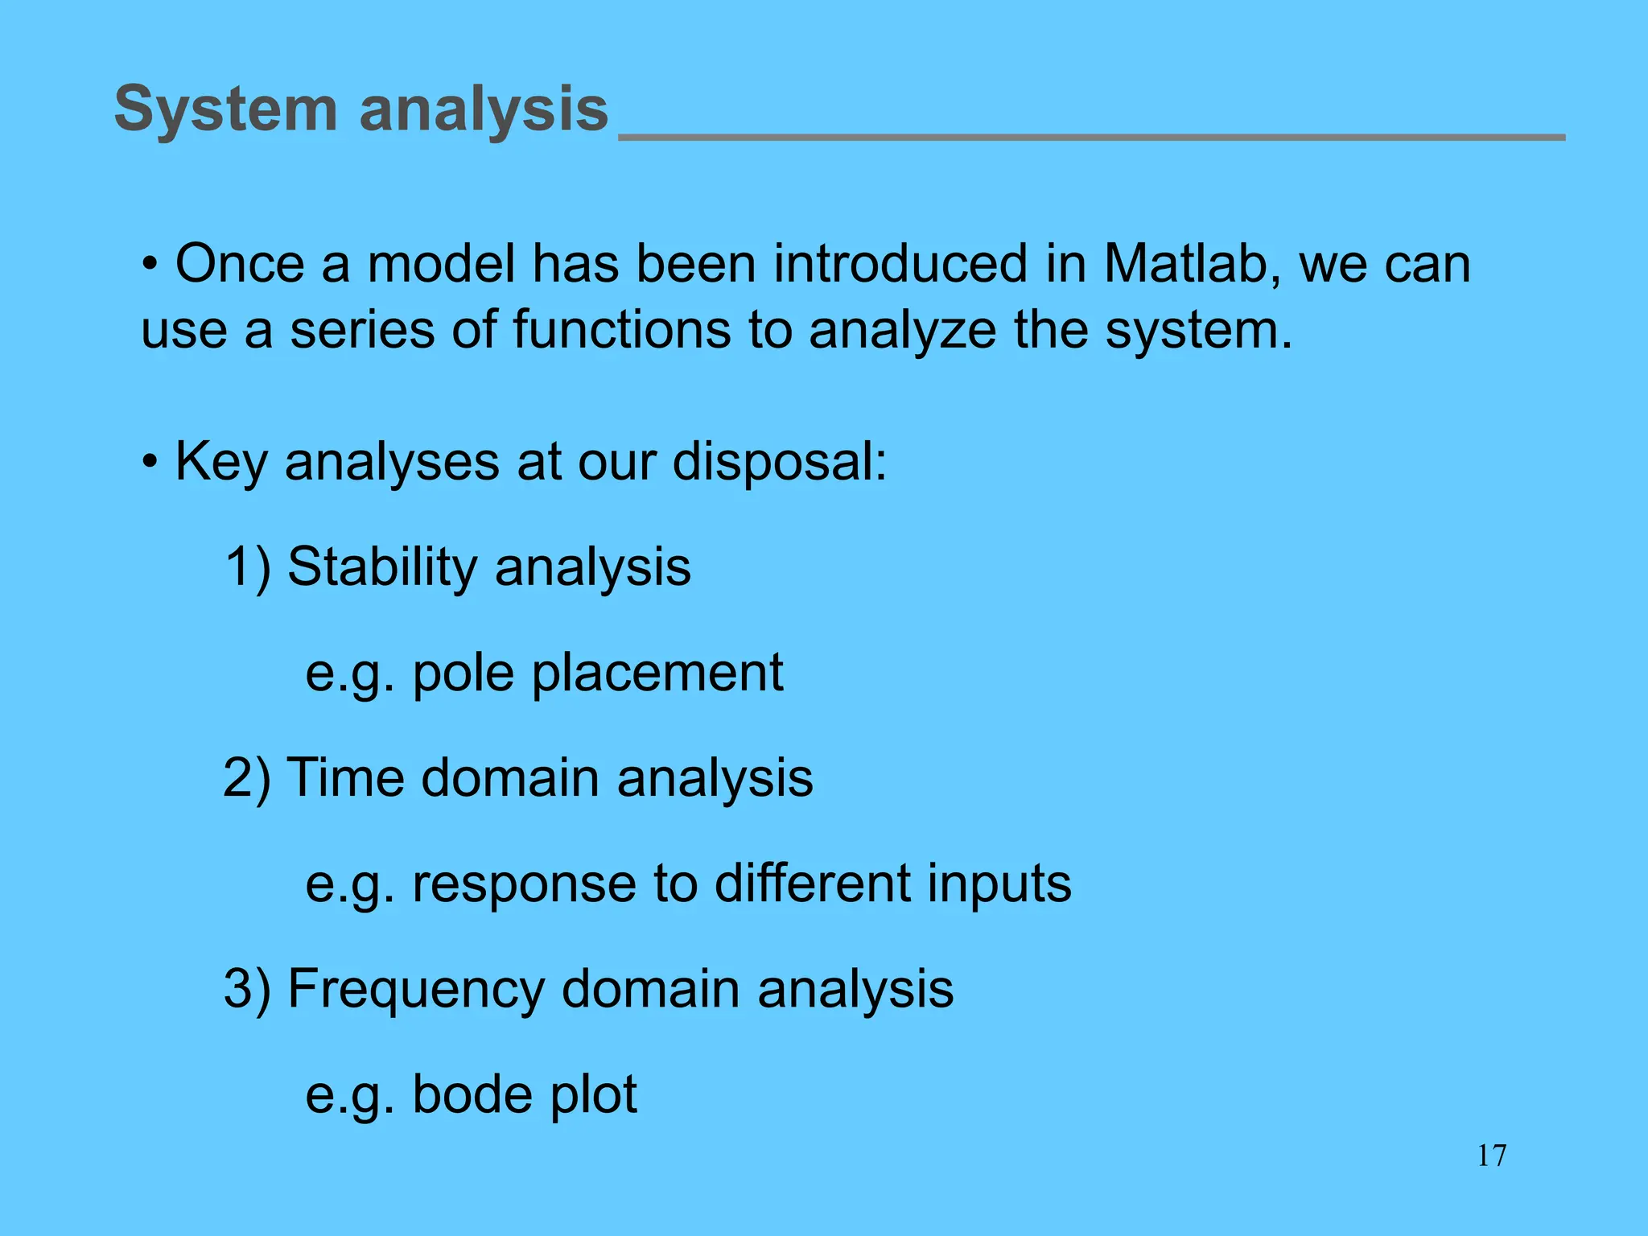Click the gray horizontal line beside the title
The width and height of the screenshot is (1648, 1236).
tap(1091, 138)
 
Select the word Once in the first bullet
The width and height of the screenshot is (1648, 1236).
tap(240, 264)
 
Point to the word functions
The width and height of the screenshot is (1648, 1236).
tap(621, 330)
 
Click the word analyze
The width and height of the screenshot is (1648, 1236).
tap(902, 332)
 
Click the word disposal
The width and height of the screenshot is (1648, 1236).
tap(779, 462)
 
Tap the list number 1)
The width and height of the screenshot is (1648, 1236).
tap(248, 566)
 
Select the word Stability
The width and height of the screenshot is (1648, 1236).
tap(381, 566)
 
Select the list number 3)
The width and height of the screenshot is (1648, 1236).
tap(246, 989)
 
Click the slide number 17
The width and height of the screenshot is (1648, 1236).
tap(1491, 1156)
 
